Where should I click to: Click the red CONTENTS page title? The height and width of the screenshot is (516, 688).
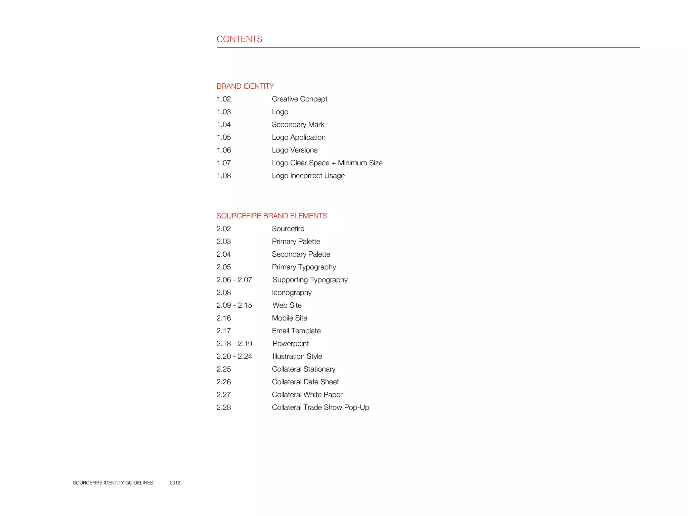click(239, 39)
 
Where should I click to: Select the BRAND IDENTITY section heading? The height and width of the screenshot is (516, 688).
click(245, 86)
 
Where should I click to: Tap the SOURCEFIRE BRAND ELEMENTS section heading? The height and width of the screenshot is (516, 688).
click(272, 216)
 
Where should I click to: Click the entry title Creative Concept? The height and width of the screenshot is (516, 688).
click(299, 99)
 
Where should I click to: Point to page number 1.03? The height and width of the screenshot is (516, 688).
click(224, 112)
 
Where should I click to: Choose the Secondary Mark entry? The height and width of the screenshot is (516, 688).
click(298, 125)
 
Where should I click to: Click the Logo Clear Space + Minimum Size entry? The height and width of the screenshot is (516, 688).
click(327, 163)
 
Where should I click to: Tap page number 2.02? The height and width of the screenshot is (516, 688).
click(224, 229)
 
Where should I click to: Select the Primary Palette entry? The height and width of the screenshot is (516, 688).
click(296, 242)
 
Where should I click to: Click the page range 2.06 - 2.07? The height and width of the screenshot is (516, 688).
click(234, 280)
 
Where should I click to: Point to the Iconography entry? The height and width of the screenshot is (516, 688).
click(292, 293)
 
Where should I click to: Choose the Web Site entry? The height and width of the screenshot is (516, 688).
click(287, 305)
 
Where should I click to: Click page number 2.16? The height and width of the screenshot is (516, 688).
click(224, 318)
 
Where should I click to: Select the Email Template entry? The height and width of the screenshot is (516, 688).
click(296, 331)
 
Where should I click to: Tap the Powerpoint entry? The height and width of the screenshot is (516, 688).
click(291, 344)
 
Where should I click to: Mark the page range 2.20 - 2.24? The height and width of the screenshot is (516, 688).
click(234, 356)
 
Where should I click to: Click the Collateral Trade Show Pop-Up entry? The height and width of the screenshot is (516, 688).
click(320, 407)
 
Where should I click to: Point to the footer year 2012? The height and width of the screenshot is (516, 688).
click(175, 483)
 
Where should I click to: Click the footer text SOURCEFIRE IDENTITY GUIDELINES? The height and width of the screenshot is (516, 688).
click(113, 483)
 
